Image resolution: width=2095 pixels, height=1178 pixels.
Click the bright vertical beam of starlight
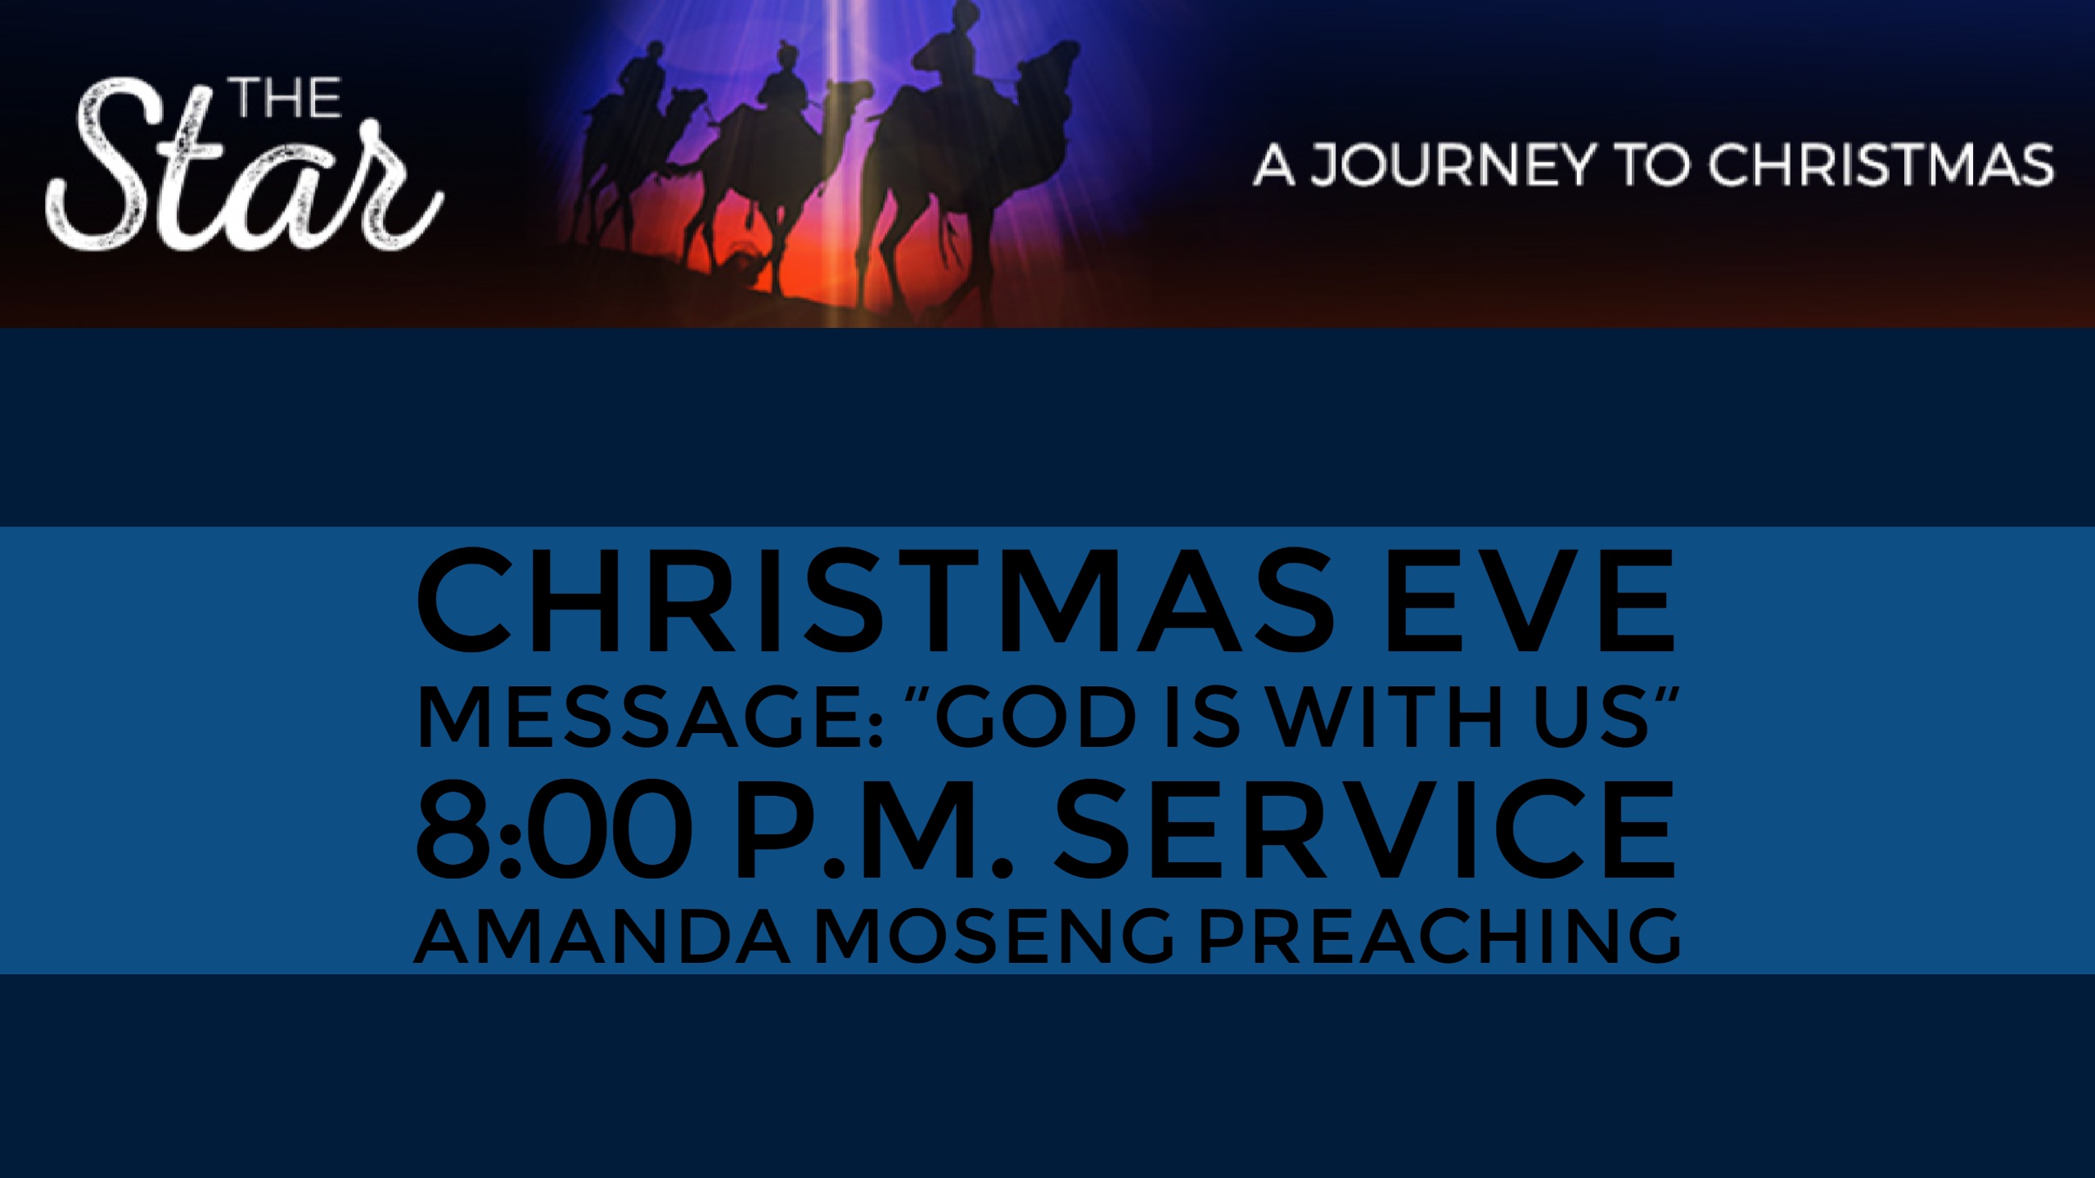(x=836, y=164)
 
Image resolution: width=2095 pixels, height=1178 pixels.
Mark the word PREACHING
(x=1441, y=937)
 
